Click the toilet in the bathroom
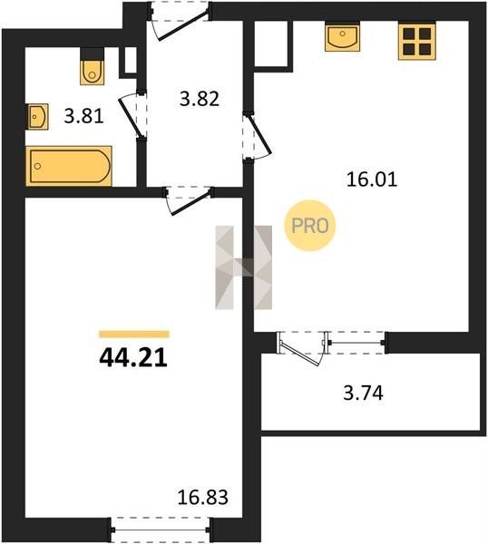pyautogui.click(x=92, y=72)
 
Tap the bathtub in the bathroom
pyautogui.click(x=69, y=166)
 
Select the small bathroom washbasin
pyautogui.click(x=37, y=117)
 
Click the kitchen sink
pyautogui.click(x=342, y=36)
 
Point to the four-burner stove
pyautogui.click(x=416, y=42)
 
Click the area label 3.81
pyautogui.click(x=84, y=116)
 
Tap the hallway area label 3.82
pyautogui.click(x=200, y=99)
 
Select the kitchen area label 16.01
pyautogui.click(x=372, y=180)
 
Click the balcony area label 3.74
pyautogui.click(x=363, y=393)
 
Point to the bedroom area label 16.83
pyautogui.click(x=202, y=497)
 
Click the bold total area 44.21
pyautogui.click(x=133, y=358)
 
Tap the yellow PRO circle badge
pyautogui.click(x=310, y=226)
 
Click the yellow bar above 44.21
pyautogui.click(x=134, y=334)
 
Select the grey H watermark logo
pyautogui.click(x=244, y=267)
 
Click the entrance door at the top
pyautogui.click(x=181, y=21)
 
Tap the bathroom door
pyautogui.click(x=133, y=115)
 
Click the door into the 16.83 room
pyautogui.click(x=189, y=200)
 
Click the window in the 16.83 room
pyautogui.click(x=161, y=529)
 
